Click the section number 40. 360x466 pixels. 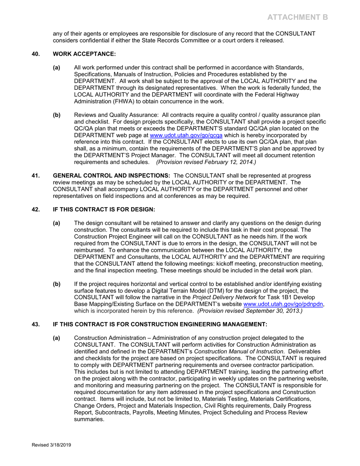point(35,54)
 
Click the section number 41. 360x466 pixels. point(35,176)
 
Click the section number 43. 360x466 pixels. point(35,324)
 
